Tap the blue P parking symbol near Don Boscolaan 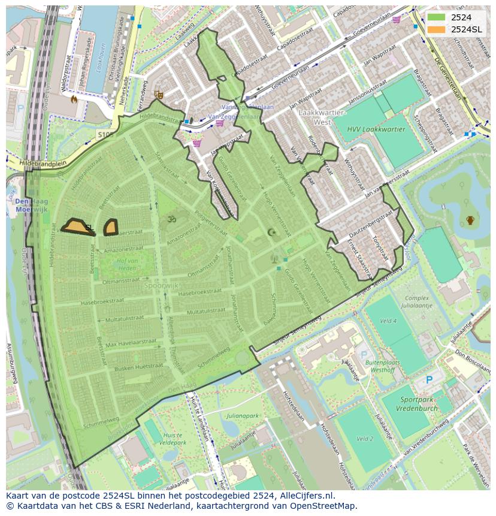(429, 380)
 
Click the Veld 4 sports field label (388, 321)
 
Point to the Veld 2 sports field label (365, 439)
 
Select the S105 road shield (105, 135)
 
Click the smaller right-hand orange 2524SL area (110, 227)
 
